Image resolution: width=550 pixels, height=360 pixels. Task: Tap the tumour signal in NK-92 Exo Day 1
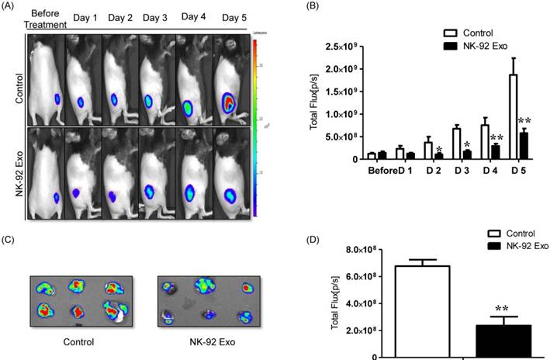pyautogui.click(x=77, y=192)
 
